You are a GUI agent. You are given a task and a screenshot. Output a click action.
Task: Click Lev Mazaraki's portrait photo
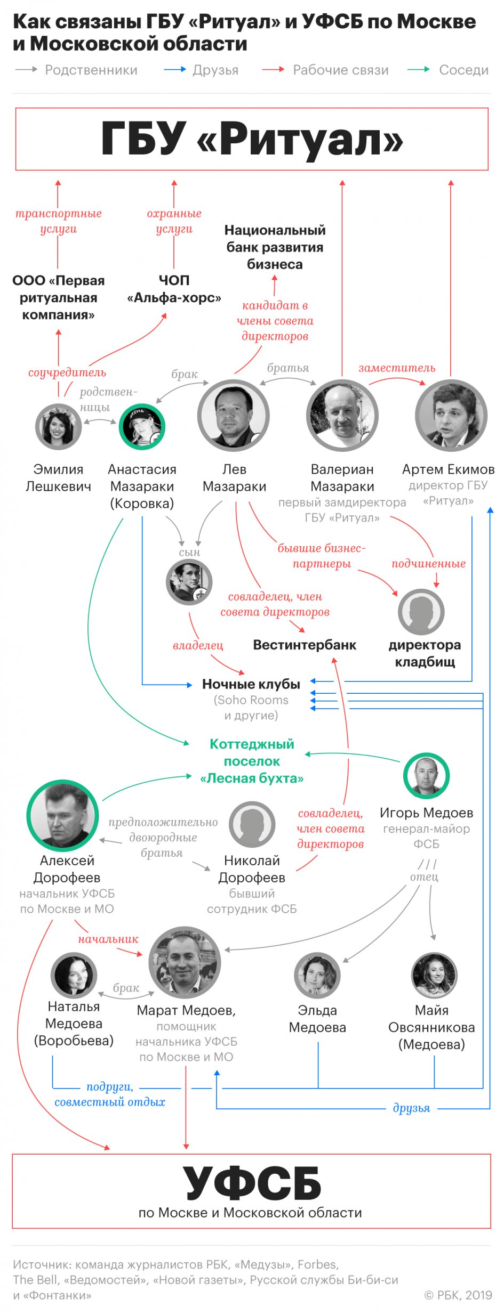tap(234, 416)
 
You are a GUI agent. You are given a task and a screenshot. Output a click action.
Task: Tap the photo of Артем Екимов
tap(451, 416)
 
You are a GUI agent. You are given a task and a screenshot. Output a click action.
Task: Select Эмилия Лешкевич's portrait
tap(59, 427)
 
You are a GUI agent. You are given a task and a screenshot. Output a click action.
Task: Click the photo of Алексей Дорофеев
tap(63, 815)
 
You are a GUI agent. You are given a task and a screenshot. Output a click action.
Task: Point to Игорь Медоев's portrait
tap(426, 776)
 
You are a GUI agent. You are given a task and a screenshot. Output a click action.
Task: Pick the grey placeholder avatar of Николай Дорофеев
tap(252, 824)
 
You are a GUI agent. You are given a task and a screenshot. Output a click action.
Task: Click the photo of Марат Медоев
tap(185, 962)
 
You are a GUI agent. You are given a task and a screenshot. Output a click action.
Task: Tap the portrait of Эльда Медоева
tap(317, 976)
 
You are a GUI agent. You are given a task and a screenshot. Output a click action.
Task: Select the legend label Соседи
tap(463, 70)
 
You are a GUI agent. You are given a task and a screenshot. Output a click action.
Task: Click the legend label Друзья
tap(215, 70)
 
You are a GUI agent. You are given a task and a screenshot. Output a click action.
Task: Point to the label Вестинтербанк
tap(305, 645)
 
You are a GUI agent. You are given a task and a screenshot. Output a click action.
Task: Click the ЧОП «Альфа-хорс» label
tap(174, 289)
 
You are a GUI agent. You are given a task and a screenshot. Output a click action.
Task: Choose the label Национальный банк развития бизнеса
tap(275, 247)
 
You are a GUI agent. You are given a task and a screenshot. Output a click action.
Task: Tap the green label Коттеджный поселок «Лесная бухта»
tap(252, 761)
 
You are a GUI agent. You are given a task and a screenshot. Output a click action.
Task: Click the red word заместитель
tap(397, 368)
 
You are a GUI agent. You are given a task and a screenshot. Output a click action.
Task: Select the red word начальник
tap(108, 939)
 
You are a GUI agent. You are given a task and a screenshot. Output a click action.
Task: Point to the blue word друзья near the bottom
tap(411, 1108)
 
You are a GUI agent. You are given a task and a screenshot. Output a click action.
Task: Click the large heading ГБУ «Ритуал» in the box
tap(252, 140)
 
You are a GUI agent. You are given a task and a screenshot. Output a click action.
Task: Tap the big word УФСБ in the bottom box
tap(252, 1183)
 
